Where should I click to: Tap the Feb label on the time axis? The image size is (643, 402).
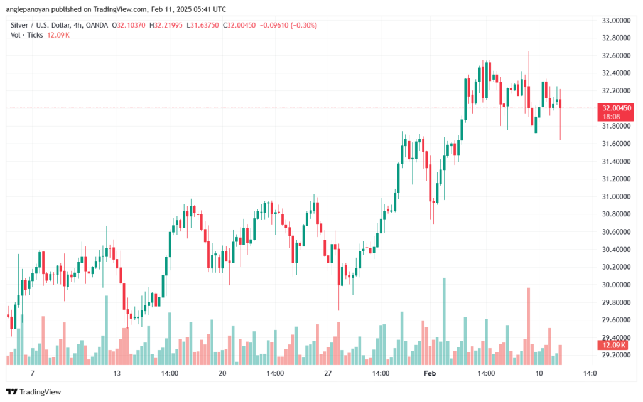pos(430,373)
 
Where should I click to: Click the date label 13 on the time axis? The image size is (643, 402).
pos(117,373)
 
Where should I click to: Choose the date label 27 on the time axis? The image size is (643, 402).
pos(327,373)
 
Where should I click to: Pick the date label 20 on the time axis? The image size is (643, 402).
pos(222,373)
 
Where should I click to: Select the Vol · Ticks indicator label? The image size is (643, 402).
pos(26,34)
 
